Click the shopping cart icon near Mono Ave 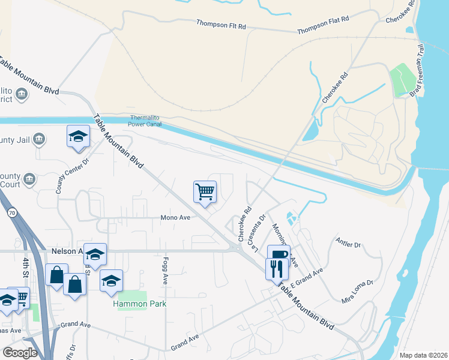click(205, 192)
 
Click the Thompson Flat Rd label click(323, 25)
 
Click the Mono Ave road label click(175, 218)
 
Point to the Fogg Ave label click(164, 271)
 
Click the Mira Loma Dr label click(357, 290)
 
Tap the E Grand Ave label click(307, 277)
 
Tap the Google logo click(20, 352)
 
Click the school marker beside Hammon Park click(111, 280)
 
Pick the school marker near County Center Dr click(78, 136)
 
